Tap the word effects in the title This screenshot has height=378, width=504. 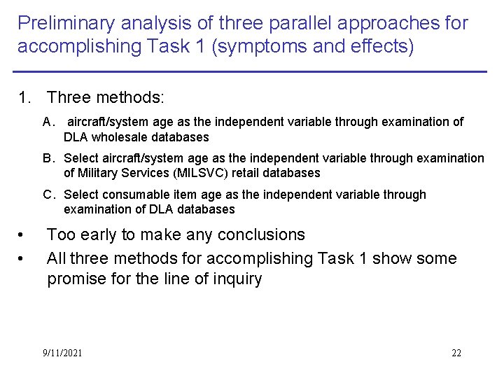tap(379, 47)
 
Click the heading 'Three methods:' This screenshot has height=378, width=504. tap(105, 97)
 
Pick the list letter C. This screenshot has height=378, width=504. tap(48, 195)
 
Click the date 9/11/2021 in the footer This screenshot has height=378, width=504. tap(62, 353)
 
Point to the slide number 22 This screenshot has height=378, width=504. tap(456, 353)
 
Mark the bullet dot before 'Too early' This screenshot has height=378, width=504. tap(23, 235)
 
